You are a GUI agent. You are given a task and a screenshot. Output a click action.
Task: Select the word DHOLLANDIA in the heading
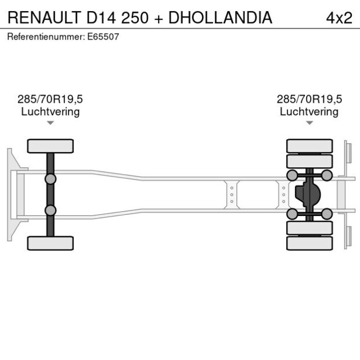click(x=220, y=18)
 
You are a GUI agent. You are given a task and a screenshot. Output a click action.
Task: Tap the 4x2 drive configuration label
click(x=339, y=18)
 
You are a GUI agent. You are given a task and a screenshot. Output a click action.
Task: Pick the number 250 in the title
click(x=136, y=18)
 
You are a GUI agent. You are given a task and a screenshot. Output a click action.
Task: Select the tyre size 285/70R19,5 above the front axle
click(x=51, y=99)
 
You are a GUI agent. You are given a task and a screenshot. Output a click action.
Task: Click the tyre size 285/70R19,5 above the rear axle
click(x=309, y=99)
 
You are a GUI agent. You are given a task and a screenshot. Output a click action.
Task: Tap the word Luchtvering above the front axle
click(x=51, y=111)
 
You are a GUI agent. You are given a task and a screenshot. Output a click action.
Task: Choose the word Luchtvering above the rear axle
click(x=309, y=111)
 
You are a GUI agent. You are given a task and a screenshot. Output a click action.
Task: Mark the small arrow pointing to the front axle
click(x=51, y=123)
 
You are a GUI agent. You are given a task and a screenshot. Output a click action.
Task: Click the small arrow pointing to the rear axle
click(x=309, y=123)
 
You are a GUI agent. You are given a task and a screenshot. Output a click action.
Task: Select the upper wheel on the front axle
click(x=51, y=146)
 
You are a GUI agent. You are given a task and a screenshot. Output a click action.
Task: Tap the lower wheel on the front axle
click(x=51, y=243)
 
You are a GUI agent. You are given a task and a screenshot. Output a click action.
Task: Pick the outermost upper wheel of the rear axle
click(x=309, y=146)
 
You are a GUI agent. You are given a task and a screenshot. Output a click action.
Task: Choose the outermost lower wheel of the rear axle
click(x=309, y=243)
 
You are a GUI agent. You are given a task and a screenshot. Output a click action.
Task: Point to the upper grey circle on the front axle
click(x=51, y=179)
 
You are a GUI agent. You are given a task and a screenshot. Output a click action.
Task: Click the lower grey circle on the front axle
click(x=51, y=210)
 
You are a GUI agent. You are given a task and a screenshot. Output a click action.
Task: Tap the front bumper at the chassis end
click(x=10, y=195)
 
